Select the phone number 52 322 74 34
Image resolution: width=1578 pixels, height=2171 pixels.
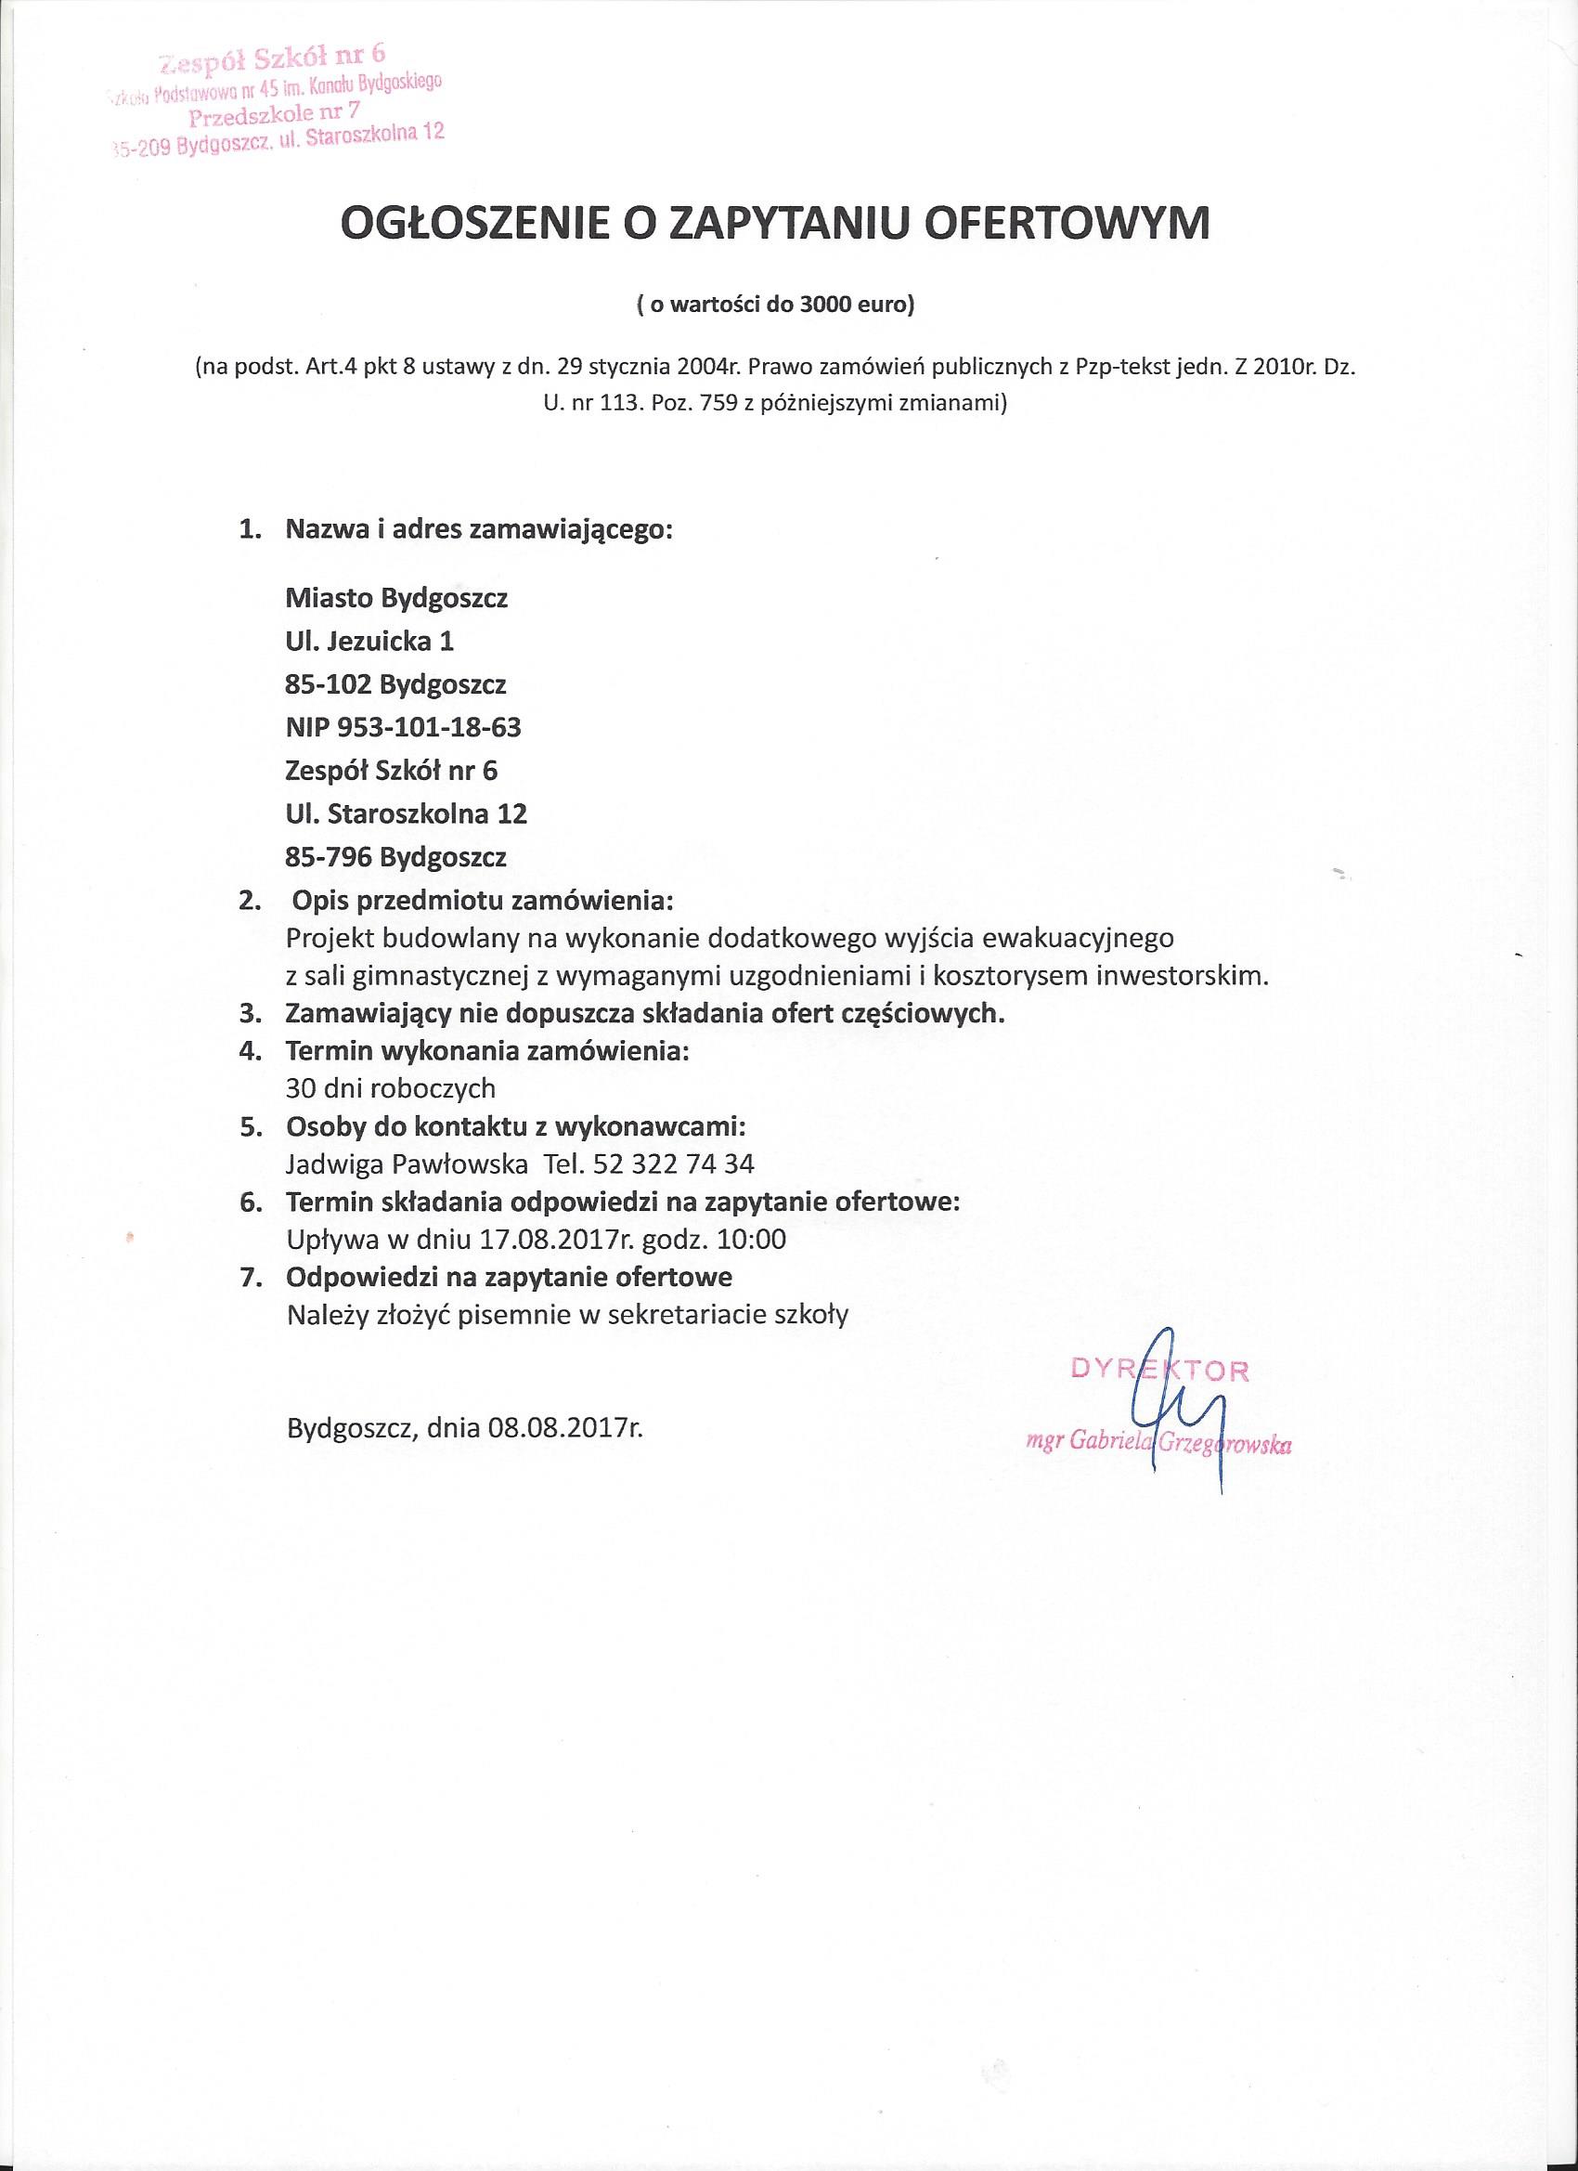[x=674, y=1164]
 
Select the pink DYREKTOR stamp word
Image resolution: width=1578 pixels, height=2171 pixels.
[x=1158, y=1370]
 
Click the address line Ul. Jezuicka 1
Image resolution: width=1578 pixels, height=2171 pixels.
[x=369, y=642]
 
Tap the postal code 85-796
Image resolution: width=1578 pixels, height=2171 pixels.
[x=329, y=858]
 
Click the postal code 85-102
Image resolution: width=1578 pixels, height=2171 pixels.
[x=329, y=685]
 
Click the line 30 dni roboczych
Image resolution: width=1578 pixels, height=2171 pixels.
[x=391, y=1088]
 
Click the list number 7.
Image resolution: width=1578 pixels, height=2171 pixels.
[x=251, y=1278]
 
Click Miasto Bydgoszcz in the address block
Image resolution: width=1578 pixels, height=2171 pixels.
[x=396, y=599]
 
